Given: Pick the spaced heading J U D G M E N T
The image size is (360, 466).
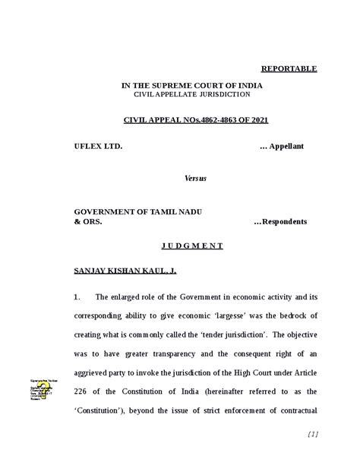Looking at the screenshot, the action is (x=192, y=246).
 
